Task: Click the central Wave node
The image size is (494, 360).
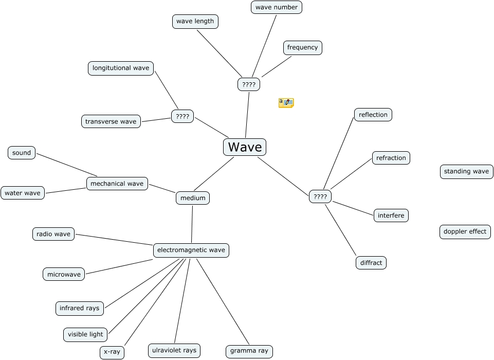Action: click(245, 147)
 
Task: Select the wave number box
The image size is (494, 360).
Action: click(277, 7)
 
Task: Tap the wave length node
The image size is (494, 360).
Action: click(195, 21)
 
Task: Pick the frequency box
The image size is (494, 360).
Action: click(303, 47)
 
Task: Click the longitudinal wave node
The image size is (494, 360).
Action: click(121, 68)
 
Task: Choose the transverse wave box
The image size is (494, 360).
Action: click(111, 121)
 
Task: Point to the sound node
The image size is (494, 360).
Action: click(22, 153)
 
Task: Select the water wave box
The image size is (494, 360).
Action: click(23, 193)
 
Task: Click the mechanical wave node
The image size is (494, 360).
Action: click(117, 184)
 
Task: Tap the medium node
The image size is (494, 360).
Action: click(193, 198)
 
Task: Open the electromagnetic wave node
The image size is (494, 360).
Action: click(191, 250)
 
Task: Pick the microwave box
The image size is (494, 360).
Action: click(64, 274)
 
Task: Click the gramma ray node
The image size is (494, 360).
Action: click(249, 351)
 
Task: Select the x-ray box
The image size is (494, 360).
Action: click(112, 352)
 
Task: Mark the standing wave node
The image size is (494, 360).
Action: click(466, 171)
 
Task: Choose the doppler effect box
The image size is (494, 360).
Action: click(465, 231)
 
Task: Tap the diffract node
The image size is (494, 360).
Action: click(371, 263)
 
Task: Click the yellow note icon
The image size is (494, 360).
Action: click(286, 103)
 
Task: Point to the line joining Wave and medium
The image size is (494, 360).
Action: click(214, 174)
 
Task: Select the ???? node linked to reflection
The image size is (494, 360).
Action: click(320, 196)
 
